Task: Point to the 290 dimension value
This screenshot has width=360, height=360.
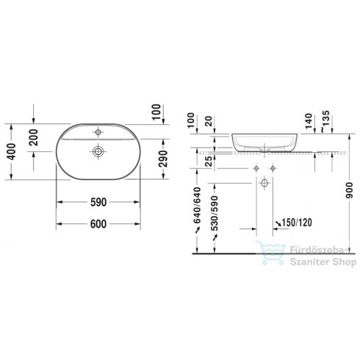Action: pyautogui.click(x=164, y=157)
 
